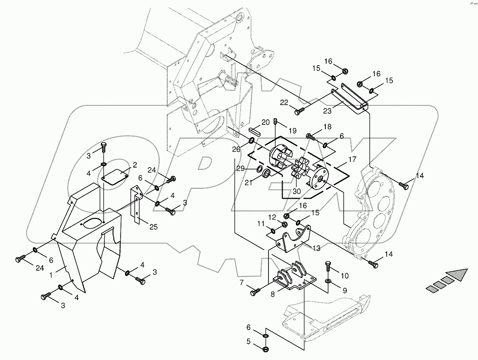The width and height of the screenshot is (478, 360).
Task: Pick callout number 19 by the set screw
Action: pos(292,130)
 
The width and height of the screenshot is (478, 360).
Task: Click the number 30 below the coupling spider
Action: pos(297,191)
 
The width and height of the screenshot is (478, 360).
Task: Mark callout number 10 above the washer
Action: pos(345,275)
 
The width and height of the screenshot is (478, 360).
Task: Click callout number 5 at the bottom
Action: pos(249,341)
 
